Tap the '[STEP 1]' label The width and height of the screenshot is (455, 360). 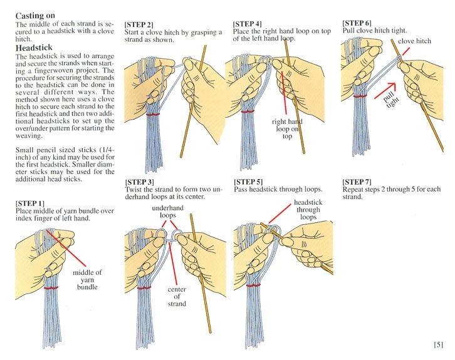tap(29, 203)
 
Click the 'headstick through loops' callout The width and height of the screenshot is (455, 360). tap(308, 210)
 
